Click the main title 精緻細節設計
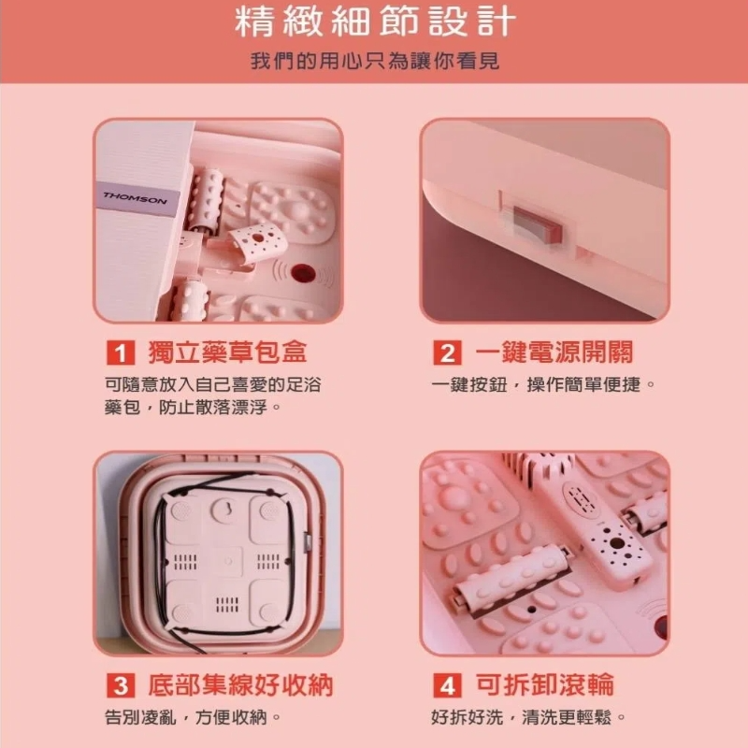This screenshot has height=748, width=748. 375,22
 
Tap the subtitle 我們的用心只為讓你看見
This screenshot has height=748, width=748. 375,61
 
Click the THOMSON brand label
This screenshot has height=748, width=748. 135,198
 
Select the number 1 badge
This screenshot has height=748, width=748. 121,353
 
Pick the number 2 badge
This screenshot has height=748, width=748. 448,353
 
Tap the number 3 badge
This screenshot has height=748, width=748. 121,686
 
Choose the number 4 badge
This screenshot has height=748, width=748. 448,686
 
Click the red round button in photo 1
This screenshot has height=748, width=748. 301,273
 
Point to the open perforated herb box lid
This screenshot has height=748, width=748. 255,241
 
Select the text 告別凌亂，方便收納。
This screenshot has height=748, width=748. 193,717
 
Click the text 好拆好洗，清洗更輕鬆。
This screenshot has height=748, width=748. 528,717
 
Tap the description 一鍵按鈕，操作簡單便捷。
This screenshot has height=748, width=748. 543,384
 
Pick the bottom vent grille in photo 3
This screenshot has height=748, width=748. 227,604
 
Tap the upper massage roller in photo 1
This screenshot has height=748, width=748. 207,198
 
